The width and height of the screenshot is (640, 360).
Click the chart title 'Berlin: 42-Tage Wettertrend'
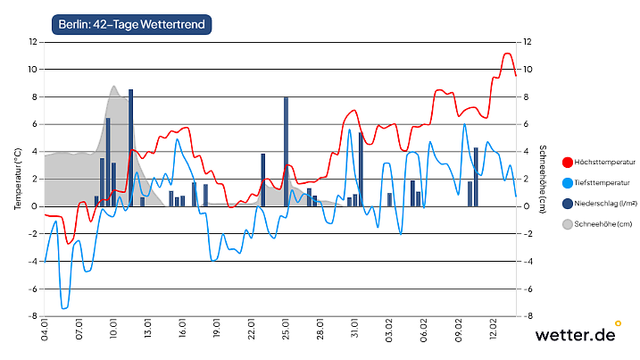(131, 25)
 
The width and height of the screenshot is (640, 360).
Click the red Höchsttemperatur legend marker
(567, 163)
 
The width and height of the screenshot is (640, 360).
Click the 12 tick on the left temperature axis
(32, 42)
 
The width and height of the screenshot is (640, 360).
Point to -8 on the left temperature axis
(32, 316)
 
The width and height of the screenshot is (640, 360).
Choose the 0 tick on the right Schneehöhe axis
(527, 206)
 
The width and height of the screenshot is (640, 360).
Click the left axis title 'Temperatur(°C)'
(17, 180)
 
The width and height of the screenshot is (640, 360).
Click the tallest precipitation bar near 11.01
(130, 147)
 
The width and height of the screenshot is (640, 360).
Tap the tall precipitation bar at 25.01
(286, 152)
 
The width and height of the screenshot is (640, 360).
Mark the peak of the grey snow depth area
(114, 87)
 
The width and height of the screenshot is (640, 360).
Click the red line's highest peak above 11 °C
(507, 54)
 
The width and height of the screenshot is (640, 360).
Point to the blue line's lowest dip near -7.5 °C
(63, 308)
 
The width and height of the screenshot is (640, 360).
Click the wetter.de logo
(576, 335)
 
